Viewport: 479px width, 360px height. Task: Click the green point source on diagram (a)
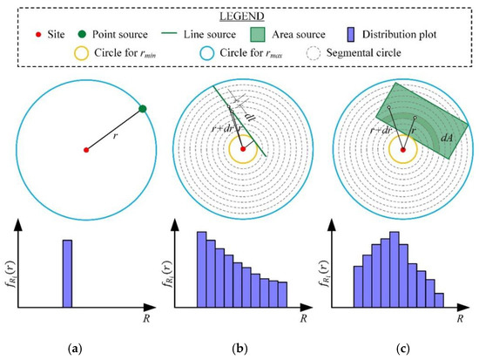click(142, 108)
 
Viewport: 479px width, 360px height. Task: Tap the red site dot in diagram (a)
click(85, 150)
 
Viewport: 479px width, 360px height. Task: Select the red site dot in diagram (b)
click(244, 150)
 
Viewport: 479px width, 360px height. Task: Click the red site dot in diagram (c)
click(402, 150)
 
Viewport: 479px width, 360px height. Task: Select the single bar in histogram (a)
click(67, 275)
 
